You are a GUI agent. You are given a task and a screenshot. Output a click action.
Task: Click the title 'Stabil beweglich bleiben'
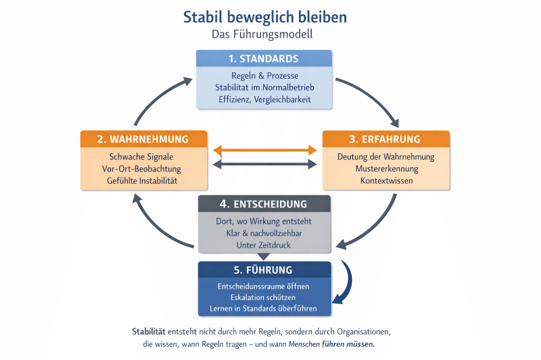pos(265,17)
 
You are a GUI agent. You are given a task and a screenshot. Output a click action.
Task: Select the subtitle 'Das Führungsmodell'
pos(263,34)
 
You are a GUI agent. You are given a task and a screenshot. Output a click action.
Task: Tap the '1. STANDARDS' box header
pos(264,59)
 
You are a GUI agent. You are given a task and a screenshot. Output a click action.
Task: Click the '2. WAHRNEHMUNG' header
pos(143,139)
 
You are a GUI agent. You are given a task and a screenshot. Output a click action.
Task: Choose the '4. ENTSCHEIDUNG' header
pos(264,204)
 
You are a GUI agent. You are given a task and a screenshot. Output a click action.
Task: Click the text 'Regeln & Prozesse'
pos(265,76)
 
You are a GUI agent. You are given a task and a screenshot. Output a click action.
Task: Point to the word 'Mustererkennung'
pos(386,169)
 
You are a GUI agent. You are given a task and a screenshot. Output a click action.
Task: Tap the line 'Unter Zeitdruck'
pos(264,245)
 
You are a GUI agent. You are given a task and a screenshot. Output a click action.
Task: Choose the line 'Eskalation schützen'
pos(264,297)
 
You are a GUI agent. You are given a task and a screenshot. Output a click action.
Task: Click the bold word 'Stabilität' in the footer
pos(149,333)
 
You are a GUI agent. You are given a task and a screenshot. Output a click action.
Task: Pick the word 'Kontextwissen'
pos(386,181)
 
